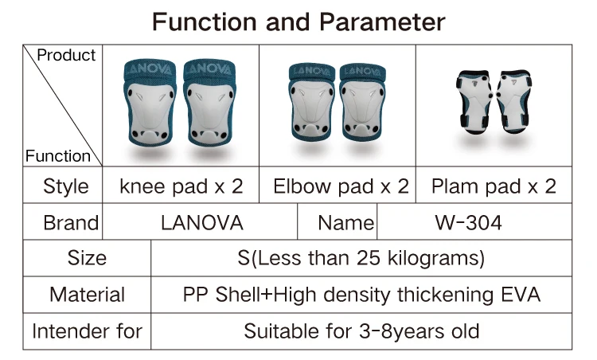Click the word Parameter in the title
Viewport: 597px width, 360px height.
[x=382, y=22]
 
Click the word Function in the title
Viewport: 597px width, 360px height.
[x=204, y=22]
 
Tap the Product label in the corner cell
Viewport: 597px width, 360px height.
[x=66, y=55]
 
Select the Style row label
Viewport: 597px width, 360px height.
[x=66, y=186]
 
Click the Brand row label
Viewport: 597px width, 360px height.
[x=71, y=223]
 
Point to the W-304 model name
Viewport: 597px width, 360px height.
[x=468, y=223]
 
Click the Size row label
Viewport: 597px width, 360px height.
[x=87, y=258]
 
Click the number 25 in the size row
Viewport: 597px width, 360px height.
[x=369, y=258]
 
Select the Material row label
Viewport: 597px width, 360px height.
[x=88, y=295]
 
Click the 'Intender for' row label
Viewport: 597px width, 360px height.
[x=88, y=331]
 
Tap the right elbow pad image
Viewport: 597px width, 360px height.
[x=363, y=102]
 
